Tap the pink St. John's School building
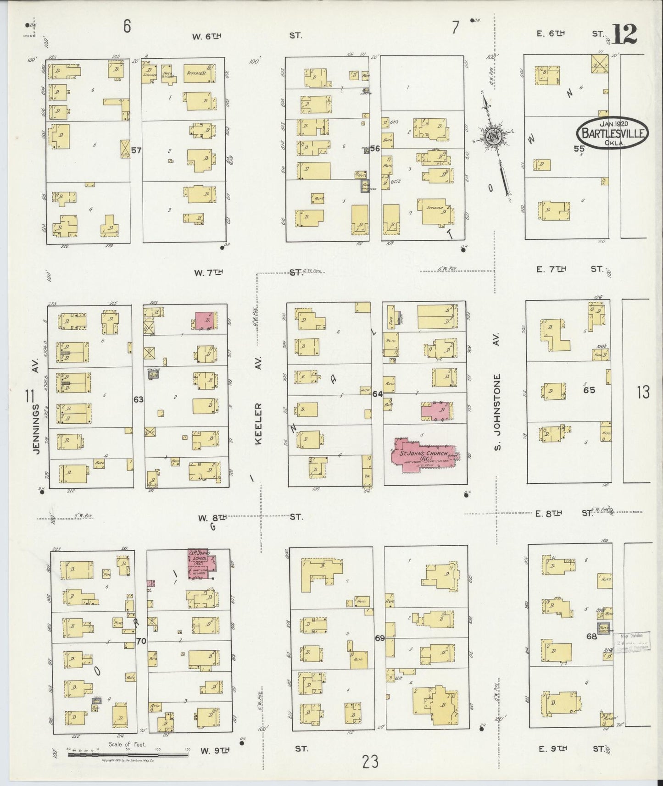click(201, 564)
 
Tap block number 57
click(136, 150)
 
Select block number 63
click(138, 399)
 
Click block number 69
click(379, 638)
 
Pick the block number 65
click(589, 390)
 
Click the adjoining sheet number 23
click(370, 762)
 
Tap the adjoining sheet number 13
click(643, 392)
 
